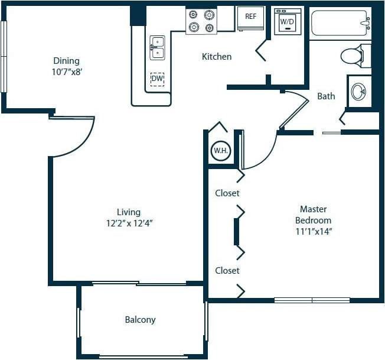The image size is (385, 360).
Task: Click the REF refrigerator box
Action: [x=251, y=17]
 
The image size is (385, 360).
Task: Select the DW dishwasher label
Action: [x=157, y=79]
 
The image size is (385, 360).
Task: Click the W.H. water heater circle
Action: [x=220, y=151]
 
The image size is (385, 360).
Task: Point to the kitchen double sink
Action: [x=157, y=48]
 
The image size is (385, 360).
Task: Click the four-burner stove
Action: [x=201, y=21]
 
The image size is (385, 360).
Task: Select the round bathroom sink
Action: [x=358, y=92]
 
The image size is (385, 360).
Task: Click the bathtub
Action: [x=340, y=24]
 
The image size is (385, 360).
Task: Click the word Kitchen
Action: [x=217, y=57]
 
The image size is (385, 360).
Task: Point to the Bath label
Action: [x=326, y=96]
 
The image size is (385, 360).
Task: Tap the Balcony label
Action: [x=140, y=320]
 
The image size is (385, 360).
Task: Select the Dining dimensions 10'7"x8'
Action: [x=66, y=72]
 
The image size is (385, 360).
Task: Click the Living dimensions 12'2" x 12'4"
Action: [x=128, y=223]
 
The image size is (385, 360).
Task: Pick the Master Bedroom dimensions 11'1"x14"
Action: [x=313, y=231]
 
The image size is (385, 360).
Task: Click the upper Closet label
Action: [x=227, y=193]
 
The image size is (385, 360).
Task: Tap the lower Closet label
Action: [x=227, y=270]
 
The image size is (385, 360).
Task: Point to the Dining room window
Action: [x=4, y=57]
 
